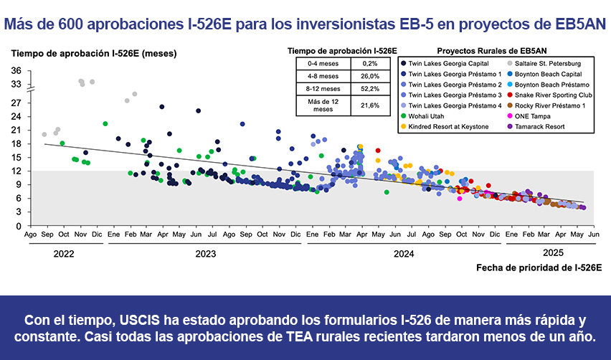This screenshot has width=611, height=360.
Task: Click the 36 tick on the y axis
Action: coord(16,70)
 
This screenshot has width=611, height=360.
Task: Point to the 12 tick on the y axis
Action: coord(16,171)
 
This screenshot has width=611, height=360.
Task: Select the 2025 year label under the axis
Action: coord(552,252)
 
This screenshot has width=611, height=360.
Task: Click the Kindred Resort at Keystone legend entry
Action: coord(448,126)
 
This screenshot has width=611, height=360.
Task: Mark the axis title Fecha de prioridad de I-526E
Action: coord(539,267)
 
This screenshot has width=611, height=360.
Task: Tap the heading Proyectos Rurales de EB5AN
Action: coord(491,51)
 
